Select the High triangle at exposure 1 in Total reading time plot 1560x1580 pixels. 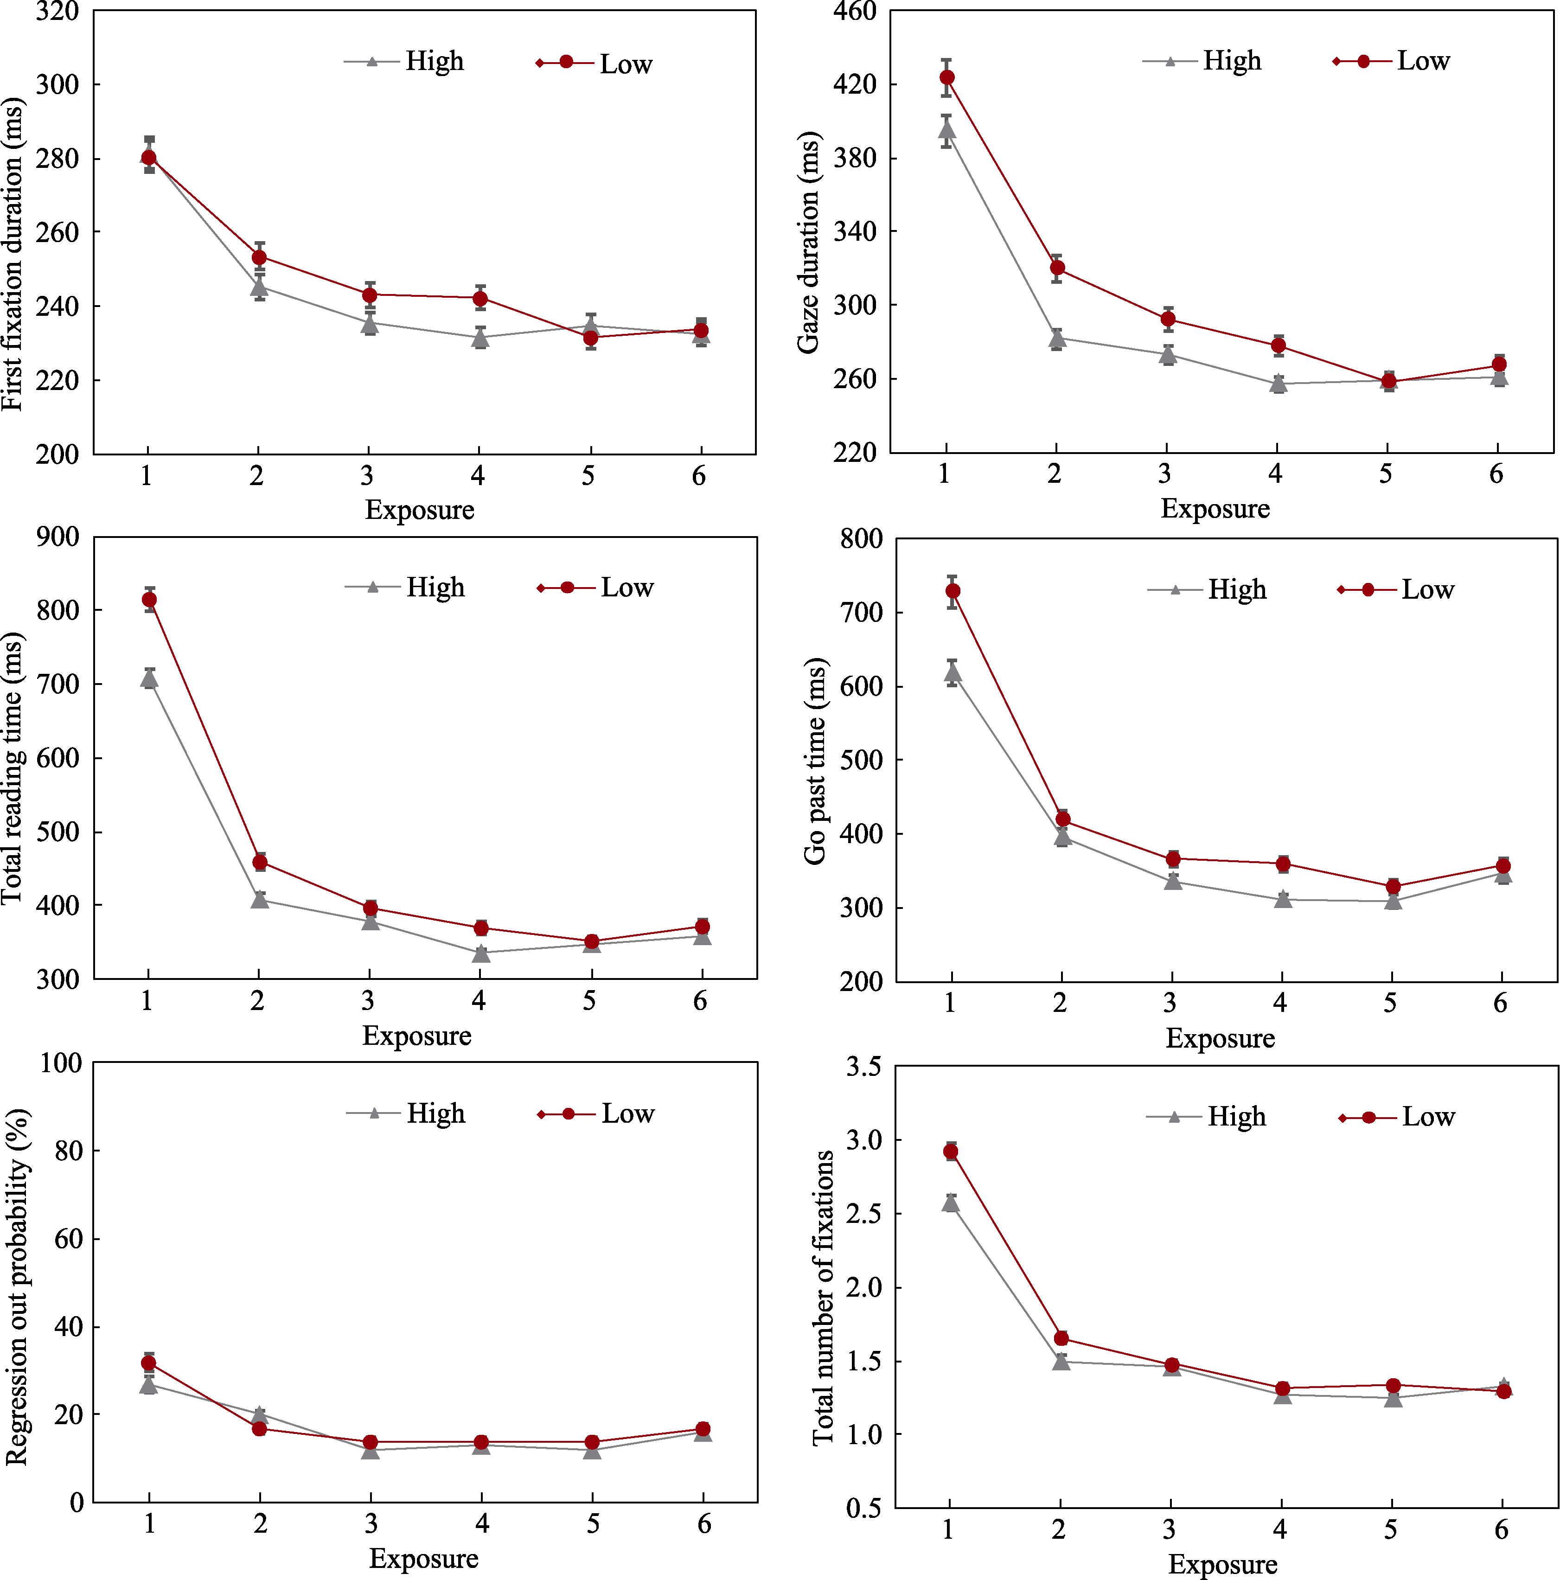(149, 678)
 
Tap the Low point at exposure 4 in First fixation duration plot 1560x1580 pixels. (480, 299)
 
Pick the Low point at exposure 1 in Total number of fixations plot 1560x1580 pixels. (951, 1151)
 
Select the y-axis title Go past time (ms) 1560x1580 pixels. (814, 761)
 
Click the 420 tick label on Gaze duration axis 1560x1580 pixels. (854, 84)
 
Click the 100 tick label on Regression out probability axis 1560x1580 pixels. (61, 1063)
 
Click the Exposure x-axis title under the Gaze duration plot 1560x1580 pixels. (1215, 509)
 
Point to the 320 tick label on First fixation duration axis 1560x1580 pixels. (57, 12)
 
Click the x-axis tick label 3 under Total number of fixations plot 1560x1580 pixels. (1169, 1529)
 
